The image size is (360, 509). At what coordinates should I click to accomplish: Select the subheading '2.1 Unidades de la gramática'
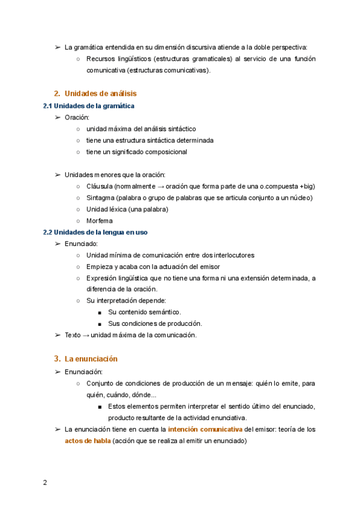(x=89, y=106)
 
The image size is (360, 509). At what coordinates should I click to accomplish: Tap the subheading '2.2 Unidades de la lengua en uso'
(x=95, y=232)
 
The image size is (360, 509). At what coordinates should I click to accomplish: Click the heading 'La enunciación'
(x=91, y=359)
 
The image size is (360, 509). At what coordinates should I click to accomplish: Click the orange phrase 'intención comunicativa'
(x=205, y=429)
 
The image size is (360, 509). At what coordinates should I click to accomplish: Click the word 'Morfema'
(x=100, y=220)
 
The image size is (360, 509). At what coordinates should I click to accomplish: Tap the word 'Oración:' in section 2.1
(x=77, y=117)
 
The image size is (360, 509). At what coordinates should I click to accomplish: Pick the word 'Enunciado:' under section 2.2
(x=81, y=243)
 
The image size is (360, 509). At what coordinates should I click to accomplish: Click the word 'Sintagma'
(x=101, y=197)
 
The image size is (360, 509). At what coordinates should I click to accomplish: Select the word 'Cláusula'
(x=100, y=186)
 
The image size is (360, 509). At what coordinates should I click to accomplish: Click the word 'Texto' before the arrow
(x=73, y=335)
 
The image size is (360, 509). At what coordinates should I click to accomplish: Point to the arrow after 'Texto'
(x=86, y=335)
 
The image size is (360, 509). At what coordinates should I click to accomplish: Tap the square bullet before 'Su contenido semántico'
(x=100, y=312)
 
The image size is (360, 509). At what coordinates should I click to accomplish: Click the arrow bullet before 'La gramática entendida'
(x=58, y=47)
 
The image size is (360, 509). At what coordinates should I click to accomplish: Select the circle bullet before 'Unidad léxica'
(x=78, y=209)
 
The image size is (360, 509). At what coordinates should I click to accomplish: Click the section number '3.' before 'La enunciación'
(x=58, y=359)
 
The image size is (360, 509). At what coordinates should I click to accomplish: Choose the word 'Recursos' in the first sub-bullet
(x=101, y=59)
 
